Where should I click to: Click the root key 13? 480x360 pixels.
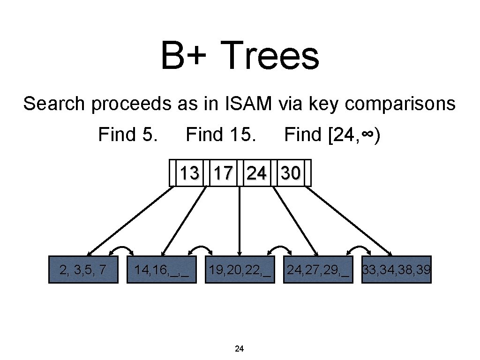(189, 173)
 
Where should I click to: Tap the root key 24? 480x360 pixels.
(256, 173)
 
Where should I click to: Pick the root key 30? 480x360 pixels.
(290, 173)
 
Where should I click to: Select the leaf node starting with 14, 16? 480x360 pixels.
(162, 270)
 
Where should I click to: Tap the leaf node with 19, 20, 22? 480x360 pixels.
(240, 270)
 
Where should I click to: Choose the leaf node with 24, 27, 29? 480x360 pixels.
(318, 270)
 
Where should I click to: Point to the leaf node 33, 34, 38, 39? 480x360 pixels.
(397, 270)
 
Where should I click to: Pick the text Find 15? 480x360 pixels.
(221, 135)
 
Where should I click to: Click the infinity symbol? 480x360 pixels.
(367, 135)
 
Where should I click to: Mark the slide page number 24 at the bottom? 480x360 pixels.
(239, 348)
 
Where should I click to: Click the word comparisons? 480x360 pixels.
(400, 104)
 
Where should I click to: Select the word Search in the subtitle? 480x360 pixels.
(55, 104)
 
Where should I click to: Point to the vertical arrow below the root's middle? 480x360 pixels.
(240, 220)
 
